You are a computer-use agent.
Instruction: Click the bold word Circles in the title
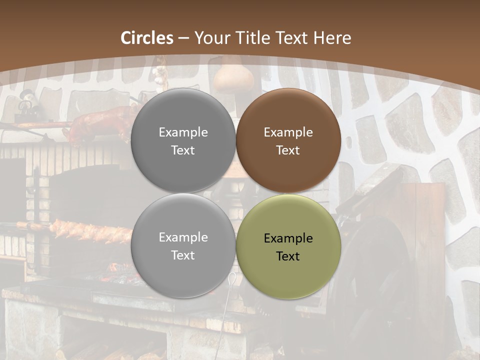coord(147,38)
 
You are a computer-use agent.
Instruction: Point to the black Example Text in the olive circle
coord(288,247)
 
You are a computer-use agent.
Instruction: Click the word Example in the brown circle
coord(288,132)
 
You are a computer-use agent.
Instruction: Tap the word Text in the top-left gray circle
coord(183,150)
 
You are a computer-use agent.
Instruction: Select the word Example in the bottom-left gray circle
coord(183,237)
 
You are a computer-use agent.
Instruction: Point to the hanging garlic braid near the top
coord(160,70)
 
